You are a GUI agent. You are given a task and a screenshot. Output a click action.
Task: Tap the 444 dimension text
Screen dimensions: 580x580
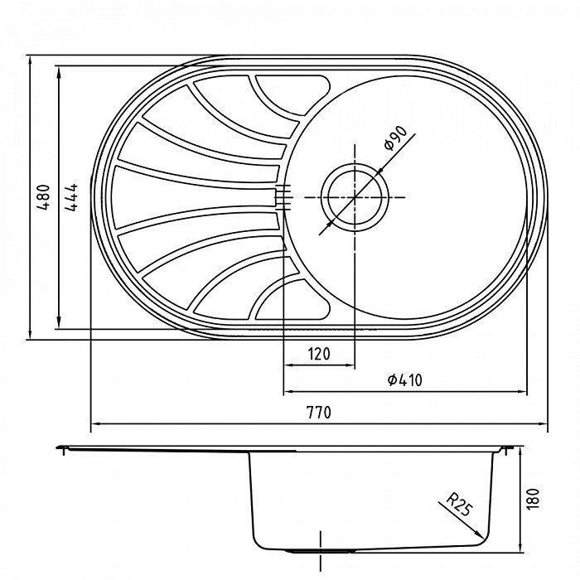73,198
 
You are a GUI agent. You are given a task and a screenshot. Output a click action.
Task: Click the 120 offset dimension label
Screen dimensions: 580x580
319,354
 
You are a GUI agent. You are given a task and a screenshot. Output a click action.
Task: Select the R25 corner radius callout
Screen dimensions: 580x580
457,505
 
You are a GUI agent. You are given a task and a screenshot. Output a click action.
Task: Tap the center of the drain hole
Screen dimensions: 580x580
355,197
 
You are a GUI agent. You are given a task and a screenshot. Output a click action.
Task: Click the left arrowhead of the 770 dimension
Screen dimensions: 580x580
93,425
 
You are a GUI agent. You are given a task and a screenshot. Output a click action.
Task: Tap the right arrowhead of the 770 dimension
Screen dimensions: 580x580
544,425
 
